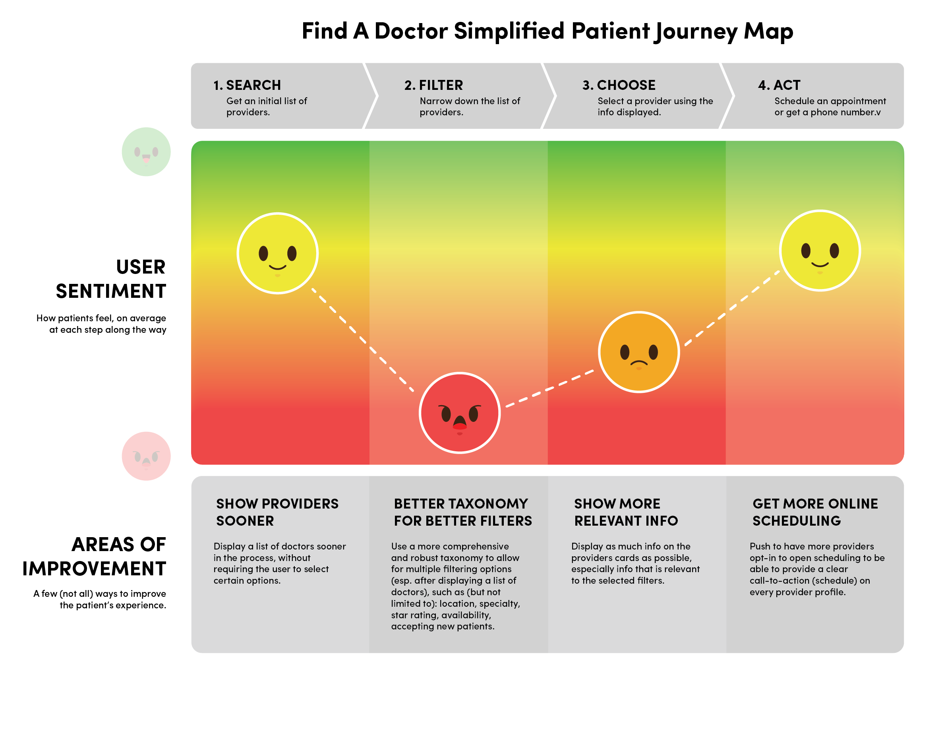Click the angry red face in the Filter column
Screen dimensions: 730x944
point(459,413)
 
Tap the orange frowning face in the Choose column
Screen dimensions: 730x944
point(639,352)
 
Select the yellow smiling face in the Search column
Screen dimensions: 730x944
point(277,253)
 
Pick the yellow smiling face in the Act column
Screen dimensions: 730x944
point(820,251)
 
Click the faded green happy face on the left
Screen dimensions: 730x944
point(146,152)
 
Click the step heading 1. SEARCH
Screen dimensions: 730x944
point(247,85)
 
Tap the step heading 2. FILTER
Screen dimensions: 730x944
point(433,85)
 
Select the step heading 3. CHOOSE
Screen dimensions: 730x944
point(619,85)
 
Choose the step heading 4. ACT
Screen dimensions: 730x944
point(779,85)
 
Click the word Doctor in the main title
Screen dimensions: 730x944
point(411,31)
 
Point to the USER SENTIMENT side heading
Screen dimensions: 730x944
point(111,279)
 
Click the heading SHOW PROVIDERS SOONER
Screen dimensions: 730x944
point(277,512)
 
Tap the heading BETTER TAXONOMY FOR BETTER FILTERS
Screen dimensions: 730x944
point(462,512)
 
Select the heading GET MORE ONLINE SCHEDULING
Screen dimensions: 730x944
point(815,512)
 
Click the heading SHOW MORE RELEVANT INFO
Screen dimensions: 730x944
point(625,512)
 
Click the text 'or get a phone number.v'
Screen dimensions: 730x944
point(827,113)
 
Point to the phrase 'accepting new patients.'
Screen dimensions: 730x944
point(443,626)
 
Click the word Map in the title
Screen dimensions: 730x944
point(768,31)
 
